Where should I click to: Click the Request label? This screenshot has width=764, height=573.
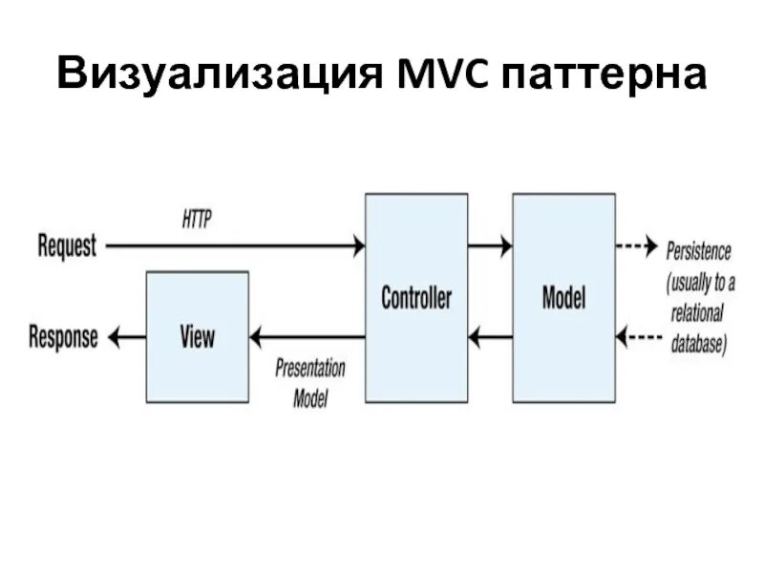click(67, 246)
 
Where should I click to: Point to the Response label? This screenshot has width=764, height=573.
click(63, 337)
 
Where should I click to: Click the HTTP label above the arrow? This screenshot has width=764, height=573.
click(197, 219)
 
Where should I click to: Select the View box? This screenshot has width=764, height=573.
click(197, 336)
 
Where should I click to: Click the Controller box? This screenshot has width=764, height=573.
click(416, 297)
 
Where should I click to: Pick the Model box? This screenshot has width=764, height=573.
click(563, 297)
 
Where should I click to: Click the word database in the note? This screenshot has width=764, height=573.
click(697, 344)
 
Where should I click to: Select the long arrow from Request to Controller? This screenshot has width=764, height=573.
click(234, 246)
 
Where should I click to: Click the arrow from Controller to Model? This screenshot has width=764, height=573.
click(490, 246)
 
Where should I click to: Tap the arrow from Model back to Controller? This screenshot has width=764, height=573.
click(490, 336)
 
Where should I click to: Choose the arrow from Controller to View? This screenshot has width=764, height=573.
click(307, 336)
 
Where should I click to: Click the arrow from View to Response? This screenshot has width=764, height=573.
click(125, 336)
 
